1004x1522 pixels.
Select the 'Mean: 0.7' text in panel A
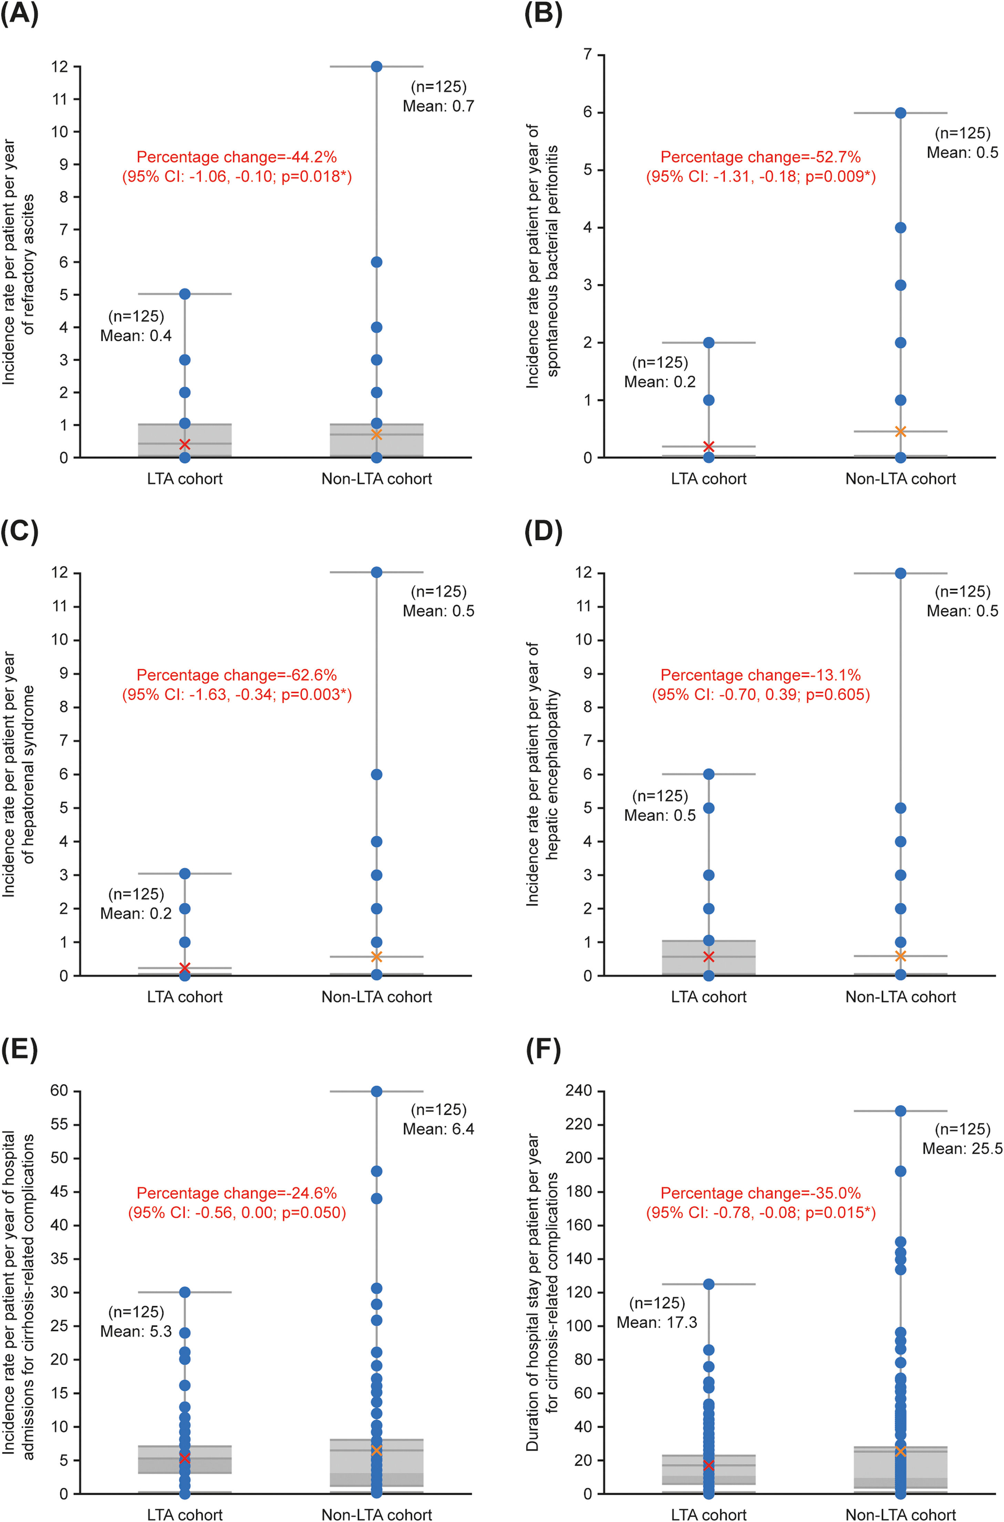pyautogui.click(x=438, y=106)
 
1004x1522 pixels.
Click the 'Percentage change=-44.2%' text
pyautogui.click(x=236, y=157)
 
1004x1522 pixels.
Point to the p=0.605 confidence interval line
pyautogui.click(x=761, y=694)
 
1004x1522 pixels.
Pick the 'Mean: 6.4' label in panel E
pyautogui.click(x=438, y=1129)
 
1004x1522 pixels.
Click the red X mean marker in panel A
pyautogui.click(x=184, y=444)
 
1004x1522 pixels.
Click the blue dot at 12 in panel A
pyautogui.click(x=376, y=67)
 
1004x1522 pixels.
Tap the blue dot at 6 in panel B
pyautogui.click(x=900, y=113)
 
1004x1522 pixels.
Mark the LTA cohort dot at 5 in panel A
pyautogui.click(x=184, y=294)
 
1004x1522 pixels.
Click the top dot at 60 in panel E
pyautogui.click(x=376, y=1091)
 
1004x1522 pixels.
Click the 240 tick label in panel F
pyautogui.click(x=579, y=1091)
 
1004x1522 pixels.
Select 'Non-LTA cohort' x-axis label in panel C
pyautogui.click(x=376, y=997)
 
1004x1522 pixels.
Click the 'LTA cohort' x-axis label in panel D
pyautogui.click(x=708, y=997)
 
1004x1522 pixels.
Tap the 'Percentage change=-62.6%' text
pyautogui.click(x=236, y=675)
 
